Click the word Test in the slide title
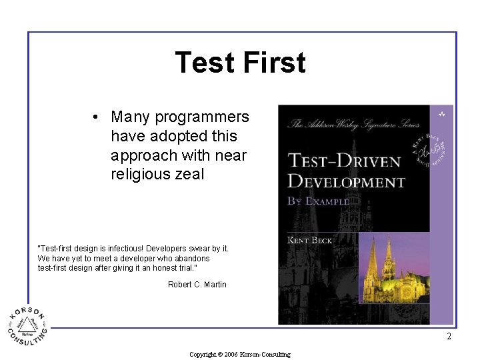pos(204,63)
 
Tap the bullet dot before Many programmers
pos(97,117)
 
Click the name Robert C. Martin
pos(197,285)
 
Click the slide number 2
pos(449,337)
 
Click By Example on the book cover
pos(318,201)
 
